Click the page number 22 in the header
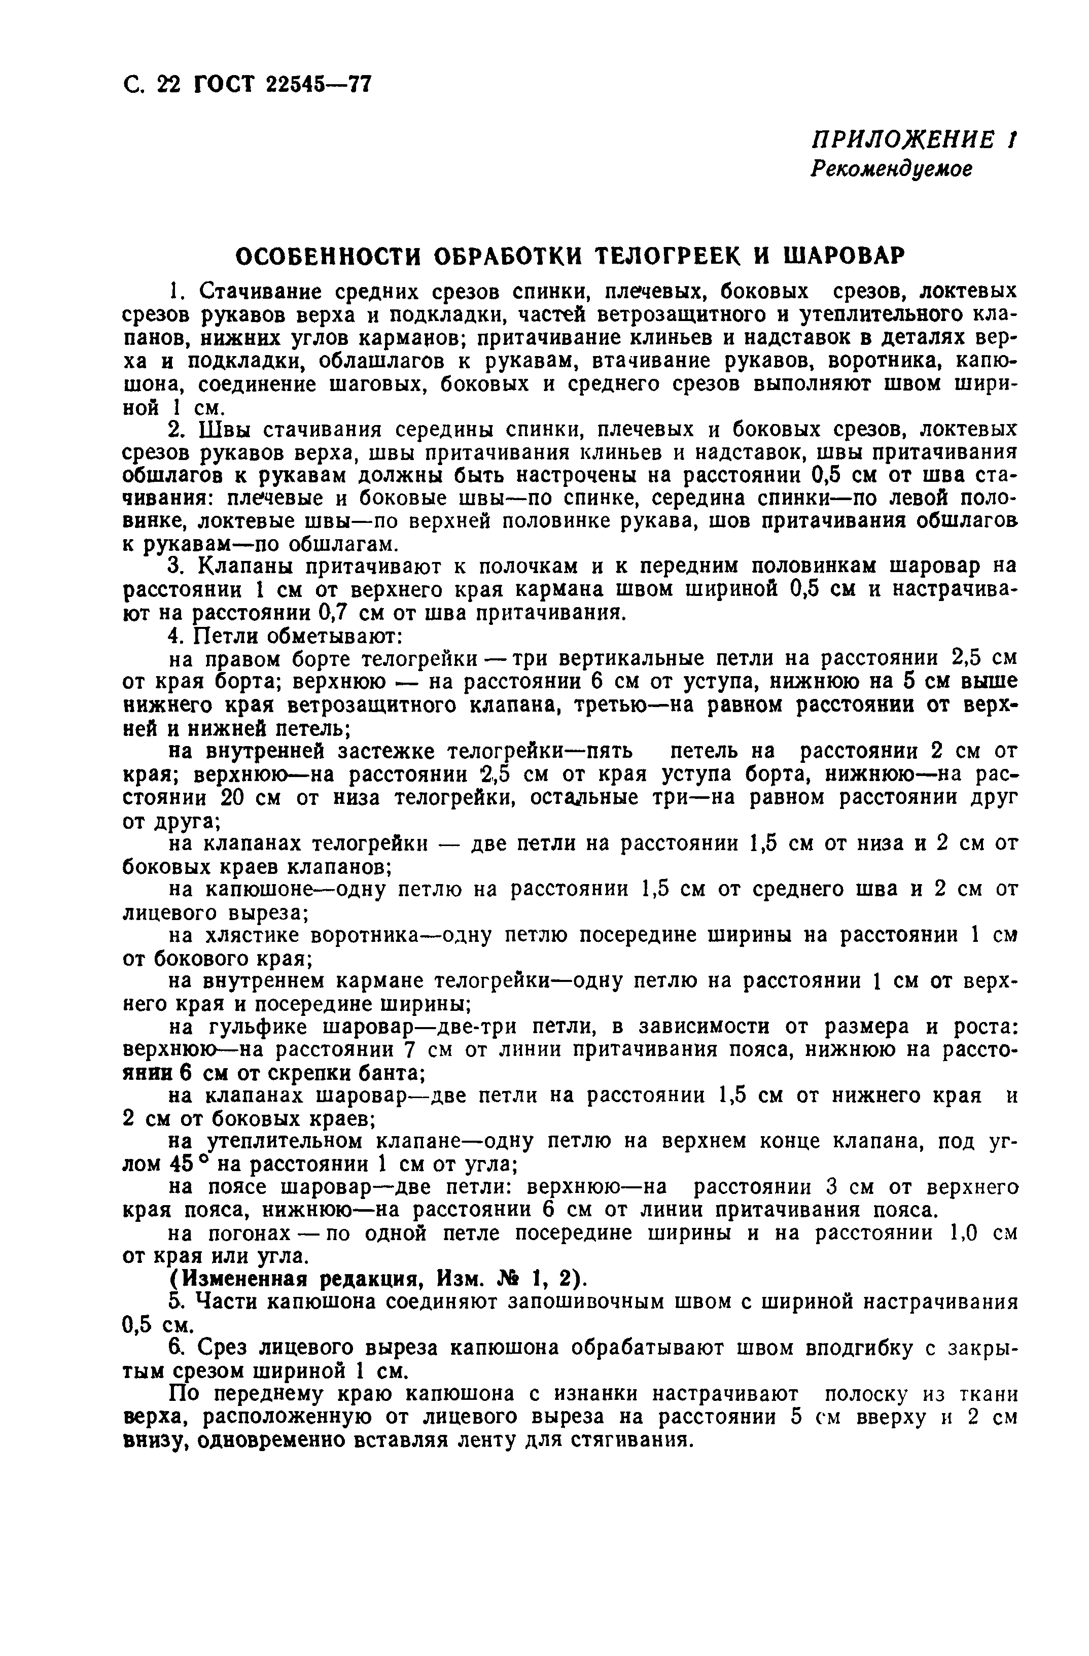168,85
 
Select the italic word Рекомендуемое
891,169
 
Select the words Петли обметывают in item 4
294,636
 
